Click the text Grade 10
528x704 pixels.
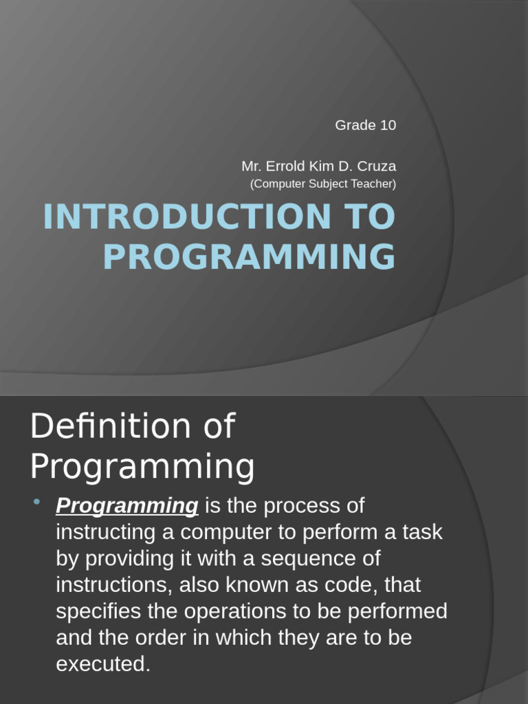click(366, 125)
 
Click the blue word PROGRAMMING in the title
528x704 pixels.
click(250, 256)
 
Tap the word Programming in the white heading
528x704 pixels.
click(142, 467)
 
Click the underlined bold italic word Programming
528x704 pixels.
click(127, 506)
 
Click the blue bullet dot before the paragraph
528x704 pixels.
click(37, 501)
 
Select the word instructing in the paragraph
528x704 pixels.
click(106, 533)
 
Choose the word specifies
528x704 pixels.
click(98, 612)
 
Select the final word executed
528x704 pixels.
click(103, 664)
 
